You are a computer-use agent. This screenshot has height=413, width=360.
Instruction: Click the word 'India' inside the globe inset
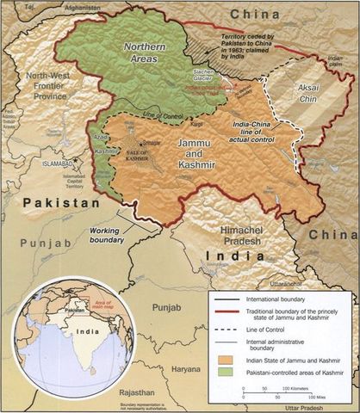click(x=59, y=329)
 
